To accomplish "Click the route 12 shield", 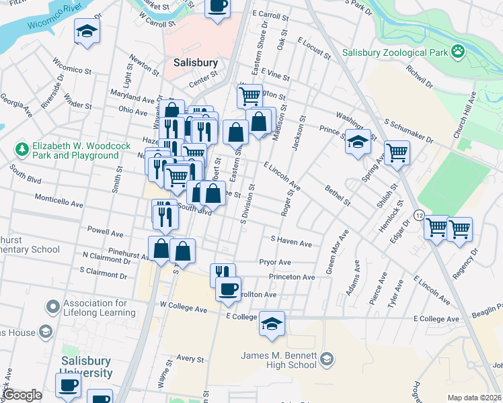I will [419, 215].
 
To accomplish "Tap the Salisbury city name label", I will [196, 62].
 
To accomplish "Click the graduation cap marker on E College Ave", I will [272, 324].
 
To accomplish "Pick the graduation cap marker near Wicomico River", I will [86, 32].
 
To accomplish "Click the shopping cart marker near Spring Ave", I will [397, 152].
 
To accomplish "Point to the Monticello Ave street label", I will [59, 203].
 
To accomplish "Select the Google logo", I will [22, 395].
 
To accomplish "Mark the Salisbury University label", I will [85, 367].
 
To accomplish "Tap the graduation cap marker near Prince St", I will [358, 142].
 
